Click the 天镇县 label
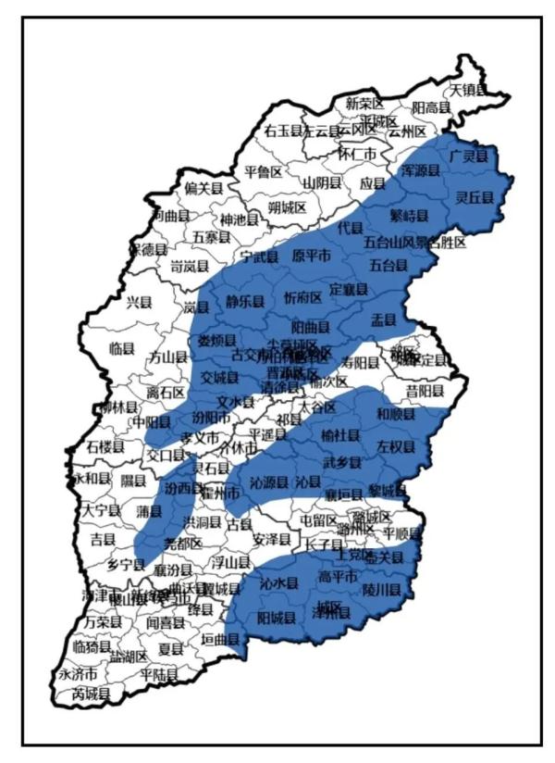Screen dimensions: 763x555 (x=467, y=90)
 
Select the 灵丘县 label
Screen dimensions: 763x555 (x=475, y=196)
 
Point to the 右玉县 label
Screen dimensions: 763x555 (x=283, y=131)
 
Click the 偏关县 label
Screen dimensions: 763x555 (x=203, y=188)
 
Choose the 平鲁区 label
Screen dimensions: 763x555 (x=263, y=171)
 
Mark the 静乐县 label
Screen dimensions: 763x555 (x=245, y=301)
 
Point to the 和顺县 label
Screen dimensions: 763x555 (x=396, y=415)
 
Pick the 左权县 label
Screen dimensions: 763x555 (x=396, y=446)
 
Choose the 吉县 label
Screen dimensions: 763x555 (x=102, y=538)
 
